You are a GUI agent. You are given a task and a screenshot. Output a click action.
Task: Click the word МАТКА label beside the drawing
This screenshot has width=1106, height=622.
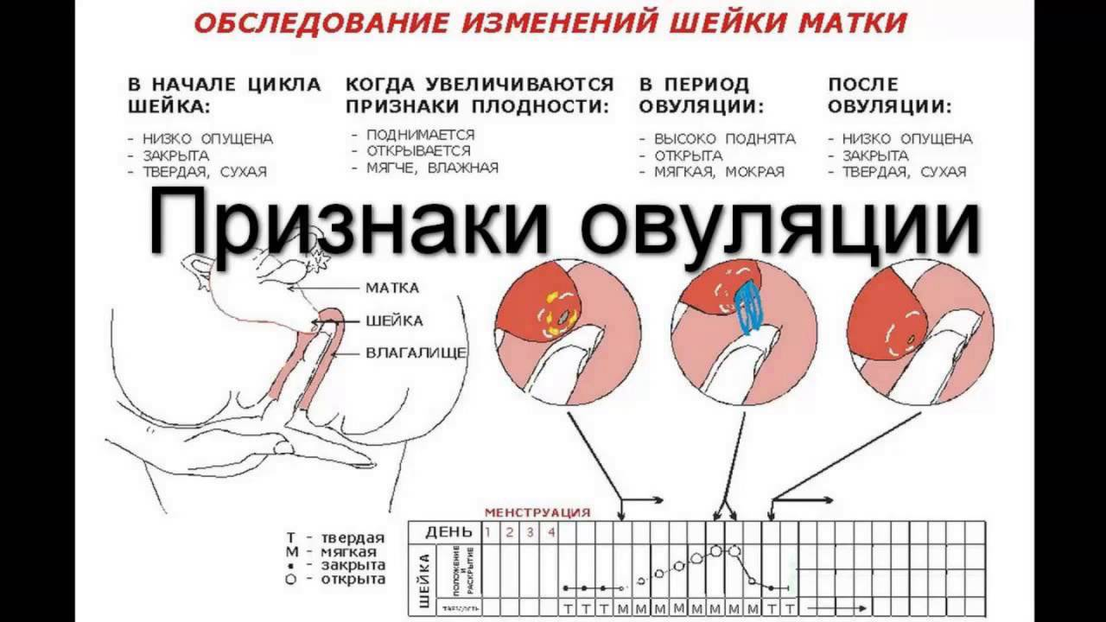coord(392,288)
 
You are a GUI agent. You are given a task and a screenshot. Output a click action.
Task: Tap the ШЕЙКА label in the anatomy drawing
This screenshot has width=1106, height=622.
coord(394,321)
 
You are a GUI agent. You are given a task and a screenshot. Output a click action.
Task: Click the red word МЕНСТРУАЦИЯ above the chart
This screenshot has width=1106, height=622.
coord(537,512)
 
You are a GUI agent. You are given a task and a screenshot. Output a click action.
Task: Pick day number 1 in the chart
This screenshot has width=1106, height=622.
coord(488,532)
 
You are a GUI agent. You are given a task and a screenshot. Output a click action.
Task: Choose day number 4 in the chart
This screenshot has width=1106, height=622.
coord(551,532)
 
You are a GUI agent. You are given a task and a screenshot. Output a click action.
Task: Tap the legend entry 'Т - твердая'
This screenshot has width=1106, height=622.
coord(336,538)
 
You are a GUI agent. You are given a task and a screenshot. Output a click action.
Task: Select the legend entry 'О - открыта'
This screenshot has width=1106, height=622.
coord(336,579)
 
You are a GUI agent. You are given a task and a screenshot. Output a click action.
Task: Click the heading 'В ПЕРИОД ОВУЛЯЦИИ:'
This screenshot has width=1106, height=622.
coord(702,96)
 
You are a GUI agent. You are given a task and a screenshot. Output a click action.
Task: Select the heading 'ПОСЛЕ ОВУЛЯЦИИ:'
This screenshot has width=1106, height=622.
coord(890,96)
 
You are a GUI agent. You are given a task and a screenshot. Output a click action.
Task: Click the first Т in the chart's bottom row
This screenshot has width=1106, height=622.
coord(568,608)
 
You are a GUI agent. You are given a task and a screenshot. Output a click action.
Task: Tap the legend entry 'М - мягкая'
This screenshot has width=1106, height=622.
coord(336,552)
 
